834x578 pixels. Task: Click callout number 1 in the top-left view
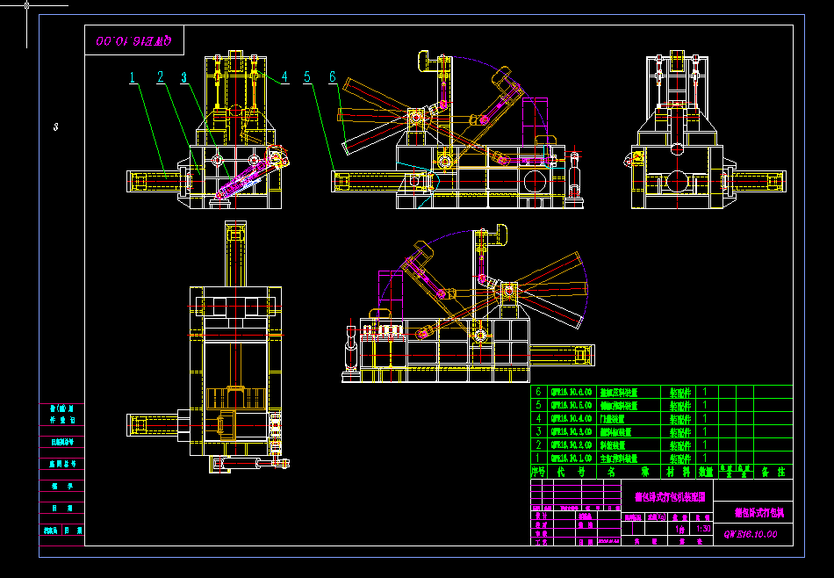tap(133, 78)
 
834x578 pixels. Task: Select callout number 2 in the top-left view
tap(161, 78)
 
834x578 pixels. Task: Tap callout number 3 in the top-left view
tap(184, 78)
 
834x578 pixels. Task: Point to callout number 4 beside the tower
tap(284, 77)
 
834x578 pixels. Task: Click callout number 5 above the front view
tap(307, 77)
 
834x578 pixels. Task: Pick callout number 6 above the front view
tap(333, 77)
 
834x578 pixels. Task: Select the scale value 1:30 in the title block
tap(703, 530)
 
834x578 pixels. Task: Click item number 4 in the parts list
tap(538, 419)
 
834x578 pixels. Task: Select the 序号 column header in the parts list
tap(538, 472)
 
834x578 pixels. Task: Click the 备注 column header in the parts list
tap(773, 472)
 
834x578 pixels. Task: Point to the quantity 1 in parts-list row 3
tap(705, 432)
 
